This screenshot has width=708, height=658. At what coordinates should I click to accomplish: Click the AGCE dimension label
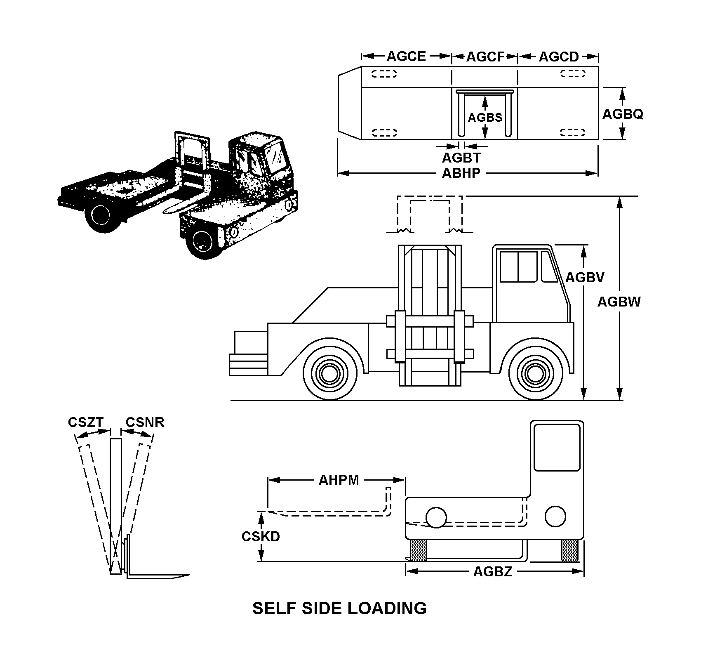[x=406, y=57]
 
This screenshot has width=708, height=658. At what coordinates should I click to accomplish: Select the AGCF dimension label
[x=485, y=57]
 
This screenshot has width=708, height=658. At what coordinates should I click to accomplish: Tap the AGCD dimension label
[x=559, y=57]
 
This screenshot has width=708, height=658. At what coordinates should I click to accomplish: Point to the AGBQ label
[x=623, y=114]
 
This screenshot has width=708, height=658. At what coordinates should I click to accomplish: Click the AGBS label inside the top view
[x=485, y=118]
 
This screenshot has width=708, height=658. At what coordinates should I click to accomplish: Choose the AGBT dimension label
[x=461, y=158]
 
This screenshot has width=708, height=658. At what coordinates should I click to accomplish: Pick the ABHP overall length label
[x=461, y=173]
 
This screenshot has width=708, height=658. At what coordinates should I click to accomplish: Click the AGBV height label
[x=584, y=277]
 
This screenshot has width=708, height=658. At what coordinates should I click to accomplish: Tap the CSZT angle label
[x=85, y=422]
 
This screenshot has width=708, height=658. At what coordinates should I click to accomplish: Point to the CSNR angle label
[x=145, y=422]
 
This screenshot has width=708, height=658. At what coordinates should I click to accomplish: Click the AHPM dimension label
[x=339, y=480]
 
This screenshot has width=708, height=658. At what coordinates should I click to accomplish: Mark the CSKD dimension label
[x=261, y=536]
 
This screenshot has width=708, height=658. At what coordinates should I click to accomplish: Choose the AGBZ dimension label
[x=493, y=571]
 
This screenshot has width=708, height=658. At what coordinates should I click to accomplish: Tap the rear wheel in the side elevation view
[x=329, y=374]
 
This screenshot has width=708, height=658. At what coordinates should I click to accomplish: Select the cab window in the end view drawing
[x=557, y=448]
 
